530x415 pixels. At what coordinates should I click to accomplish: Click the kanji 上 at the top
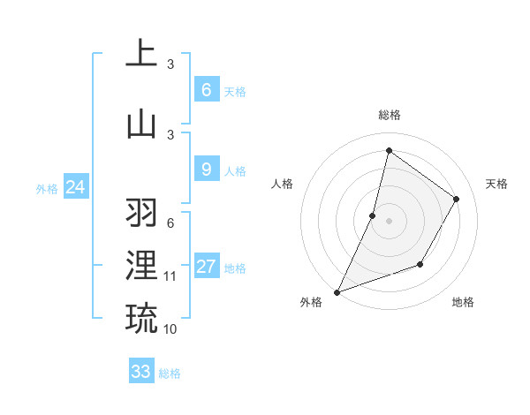click(141, 53)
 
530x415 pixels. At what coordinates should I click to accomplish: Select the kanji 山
click(141, 123)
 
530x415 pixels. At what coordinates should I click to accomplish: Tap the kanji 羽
click(141, 213)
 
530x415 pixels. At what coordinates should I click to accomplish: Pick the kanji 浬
click(141, 266)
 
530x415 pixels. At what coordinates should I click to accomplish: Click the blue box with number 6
click(206, 90)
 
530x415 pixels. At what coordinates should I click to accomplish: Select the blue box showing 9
click(206, 170)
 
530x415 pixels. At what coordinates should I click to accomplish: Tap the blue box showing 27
click(206, 267)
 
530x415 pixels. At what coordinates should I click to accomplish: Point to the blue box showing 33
click(140, 372)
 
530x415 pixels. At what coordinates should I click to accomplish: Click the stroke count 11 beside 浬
click(170, 276)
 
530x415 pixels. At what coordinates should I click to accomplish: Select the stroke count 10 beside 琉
click(170, 328)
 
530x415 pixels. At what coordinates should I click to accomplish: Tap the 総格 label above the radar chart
click(389, 115)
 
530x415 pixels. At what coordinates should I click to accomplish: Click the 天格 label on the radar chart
click(496, 184)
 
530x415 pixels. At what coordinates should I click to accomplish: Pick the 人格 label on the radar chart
click(282, 184)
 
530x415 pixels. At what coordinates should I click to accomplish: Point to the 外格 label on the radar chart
click(311, 302)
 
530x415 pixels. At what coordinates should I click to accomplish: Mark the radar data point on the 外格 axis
click(337, 291)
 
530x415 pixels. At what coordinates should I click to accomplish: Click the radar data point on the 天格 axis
click(457, 199)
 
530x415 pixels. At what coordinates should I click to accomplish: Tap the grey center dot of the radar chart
click(389, 221)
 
